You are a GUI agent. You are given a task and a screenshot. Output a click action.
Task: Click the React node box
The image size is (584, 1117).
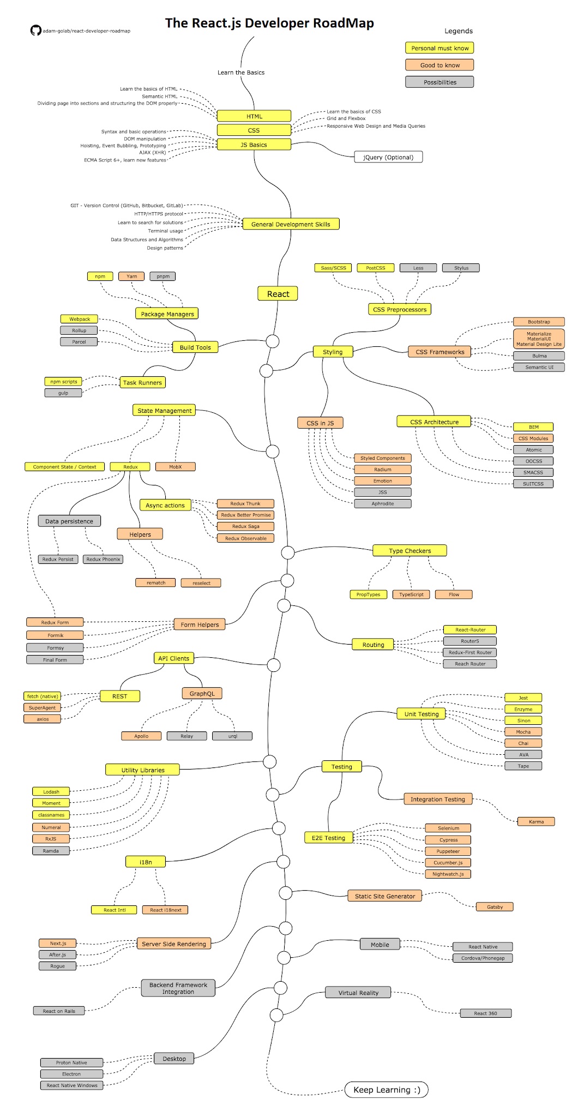pos(278,293)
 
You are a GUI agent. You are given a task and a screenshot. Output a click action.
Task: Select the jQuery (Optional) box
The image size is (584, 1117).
pos(388,157)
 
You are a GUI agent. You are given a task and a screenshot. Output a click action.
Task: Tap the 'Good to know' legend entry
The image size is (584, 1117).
pos(439,65)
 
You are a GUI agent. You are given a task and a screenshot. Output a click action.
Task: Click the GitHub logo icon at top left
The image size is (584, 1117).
pos(35,31)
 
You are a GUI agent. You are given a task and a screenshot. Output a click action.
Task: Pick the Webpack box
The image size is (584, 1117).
pos(79,319)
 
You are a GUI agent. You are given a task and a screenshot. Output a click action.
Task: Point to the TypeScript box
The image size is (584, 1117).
pos(411,594)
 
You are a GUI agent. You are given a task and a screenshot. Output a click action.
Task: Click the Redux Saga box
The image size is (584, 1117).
pos(245,526)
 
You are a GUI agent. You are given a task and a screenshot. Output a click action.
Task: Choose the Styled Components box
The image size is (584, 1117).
pos(382,458)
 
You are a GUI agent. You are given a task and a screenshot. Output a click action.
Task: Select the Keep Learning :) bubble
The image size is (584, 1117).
pos(387,1090)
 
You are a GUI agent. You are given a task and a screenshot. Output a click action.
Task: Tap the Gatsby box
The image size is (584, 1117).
pos(495,906)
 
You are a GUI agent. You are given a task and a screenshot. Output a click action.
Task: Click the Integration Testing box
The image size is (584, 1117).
pos(437,799)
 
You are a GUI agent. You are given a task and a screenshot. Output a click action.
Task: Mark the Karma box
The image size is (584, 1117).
pos(536,821)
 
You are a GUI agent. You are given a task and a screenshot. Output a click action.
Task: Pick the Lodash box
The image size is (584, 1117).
pos(51,791)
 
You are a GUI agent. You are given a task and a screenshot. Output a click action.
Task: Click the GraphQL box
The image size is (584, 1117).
pos(202,694)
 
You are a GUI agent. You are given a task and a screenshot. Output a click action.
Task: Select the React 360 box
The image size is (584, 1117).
pos(485,1013)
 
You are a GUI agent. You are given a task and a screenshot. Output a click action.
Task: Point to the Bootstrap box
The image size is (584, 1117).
pos(539,322)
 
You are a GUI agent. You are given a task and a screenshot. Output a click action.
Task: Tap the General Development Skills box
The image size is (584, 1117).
pos(291,224)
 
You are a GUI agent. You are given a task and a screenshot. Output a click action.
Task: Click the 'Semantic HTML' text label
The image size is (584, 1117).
pos(160,96)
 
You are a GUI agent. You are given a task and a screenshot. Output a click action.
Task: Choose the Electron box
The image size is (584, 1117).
pos(71,1074)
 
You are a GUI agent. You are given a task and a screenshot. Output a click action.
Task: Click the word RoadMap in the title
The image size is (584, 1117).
pos(344,23)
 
